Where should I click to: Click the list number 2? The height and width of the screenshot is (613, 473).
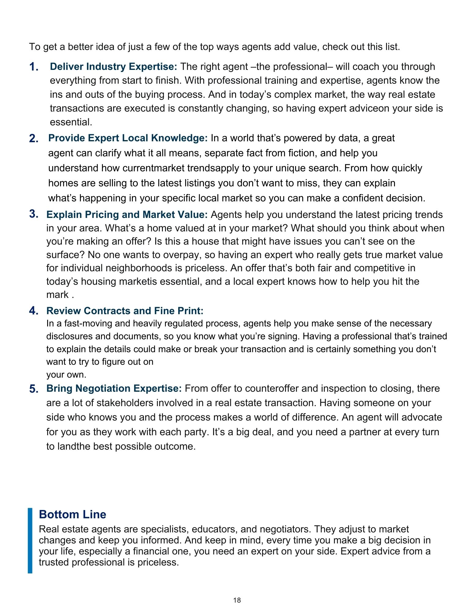[x=34, y=138]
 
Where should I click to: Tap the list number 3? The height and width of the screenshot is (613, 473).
[x=34, y=214]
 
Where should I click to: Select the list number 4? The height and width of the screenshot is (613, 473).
[x=34, y=311]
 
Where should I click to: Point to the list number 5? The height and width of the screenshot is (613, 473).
[x=34, y=389]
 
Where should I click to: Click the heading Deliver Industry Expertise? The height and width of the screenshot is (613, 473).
[x=113, y=67]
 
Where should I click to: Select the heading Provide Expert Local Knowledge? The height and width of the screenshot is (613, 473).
[x=128, y=138]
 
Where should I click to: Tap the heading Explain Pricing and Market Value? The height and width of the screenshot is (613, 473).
[x=127, y=215]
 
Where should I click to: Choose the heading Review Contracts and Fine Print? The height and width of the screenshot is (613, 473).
[x=125, y=311]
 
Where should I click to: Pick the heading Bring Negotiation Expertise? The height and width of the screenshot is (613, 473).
[x=114, y=388]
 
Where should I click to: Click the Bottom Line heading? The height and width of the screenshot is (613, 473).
[x=73, y=514]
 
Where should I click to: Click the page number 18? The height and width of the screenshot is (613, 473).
[x=237, y=600]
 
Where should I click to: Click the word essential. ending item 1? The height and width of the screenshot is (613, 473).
[x=71, y=122]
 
